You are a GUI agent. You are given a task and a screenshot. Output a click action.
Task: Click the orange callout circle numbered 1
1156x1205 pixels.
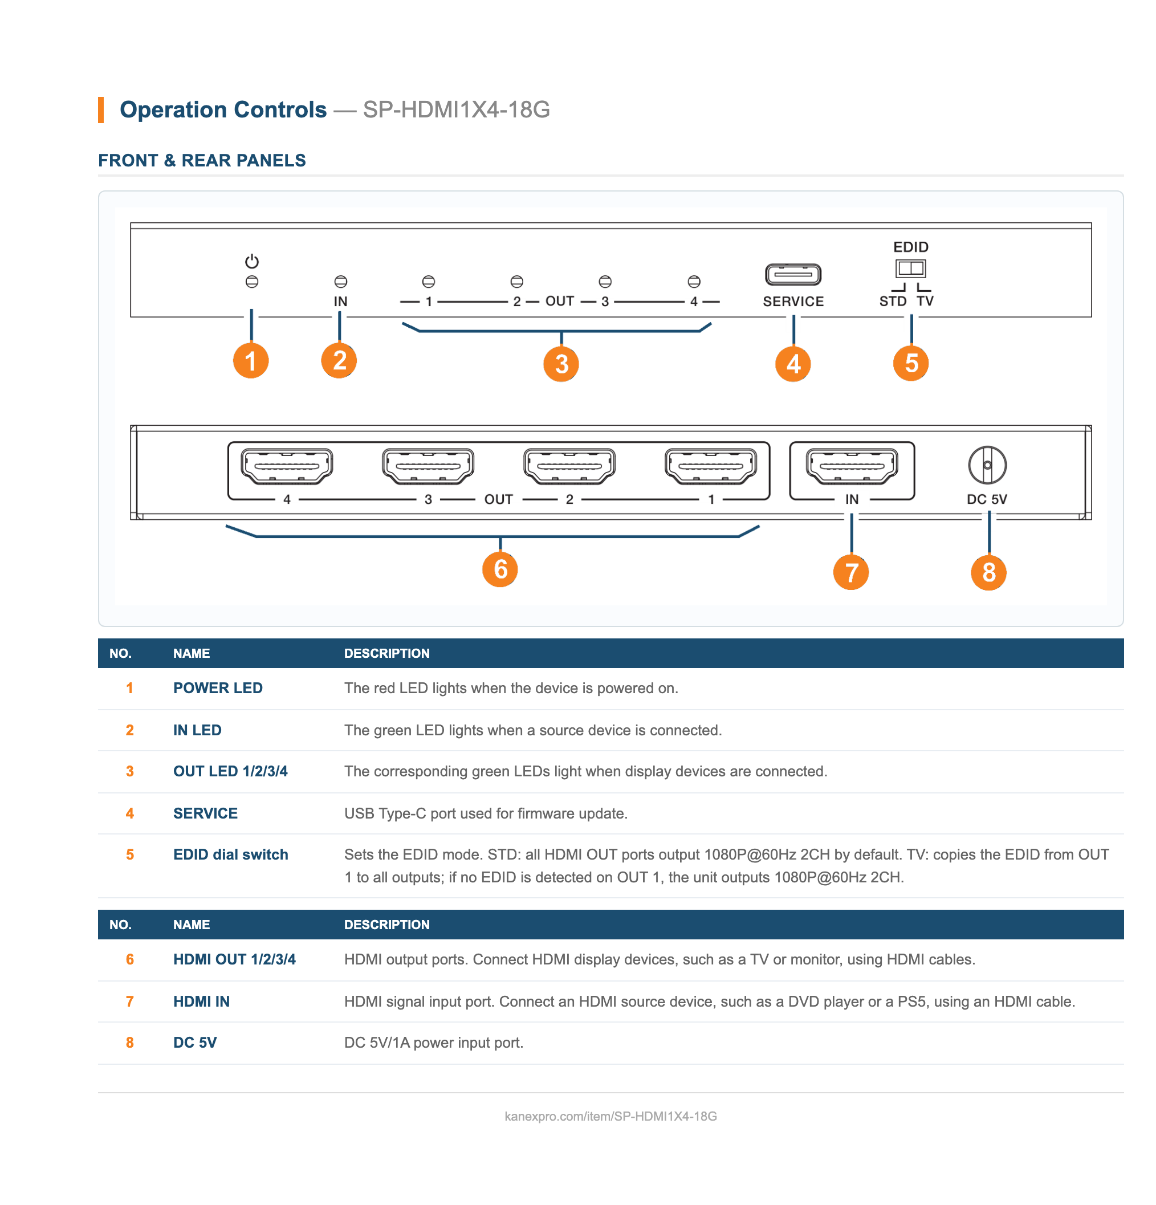coord(251,360)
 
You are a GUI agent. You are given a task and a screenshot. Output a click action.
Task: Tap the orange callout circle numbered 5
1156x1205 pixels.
coord(911,363)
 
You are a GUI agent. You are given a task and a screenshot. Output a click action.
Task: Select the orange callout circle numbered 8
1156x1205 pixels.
coord(988,572)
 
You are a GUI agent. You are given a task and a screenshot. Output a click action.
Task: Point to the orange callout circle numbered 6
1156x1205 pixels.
coord(499,569)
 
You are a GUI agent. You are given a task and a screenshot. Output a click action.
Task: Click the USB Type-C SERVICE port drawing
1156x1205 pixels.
coord(792,274)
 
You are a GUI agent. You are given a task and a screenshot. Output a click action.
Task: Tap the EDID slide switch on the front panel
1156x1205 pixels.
coord(910,268)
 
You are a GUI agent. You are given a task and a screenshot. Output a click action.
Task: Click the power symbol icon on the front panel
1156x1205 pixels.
coord(251,261)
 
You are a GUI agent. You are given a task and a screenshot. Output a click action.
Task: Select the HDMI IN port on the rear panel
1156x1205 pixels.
coord(852,465)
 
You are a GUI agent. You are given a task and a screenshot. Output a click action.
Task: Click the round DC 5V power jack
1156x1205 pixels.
coord(987,465)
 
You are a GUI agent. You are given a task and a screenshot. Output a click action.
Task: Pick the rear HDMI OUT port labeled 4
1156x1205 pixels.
coord(287,465)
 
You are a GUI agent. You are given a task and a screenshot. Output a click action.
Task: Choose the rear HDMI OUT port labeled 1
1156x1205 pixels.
coord(710,465)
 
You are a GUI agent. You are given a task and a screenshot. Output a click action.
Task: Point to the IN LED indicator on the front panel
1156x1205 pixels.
coord(340,282)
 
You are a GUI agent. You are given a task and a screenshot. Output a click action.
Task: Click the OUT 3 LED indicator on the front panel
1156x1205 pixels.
coord(604,282)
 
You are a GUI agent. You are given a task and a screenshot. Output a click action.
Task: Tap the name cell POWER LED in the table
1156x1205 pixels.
coord(218,688)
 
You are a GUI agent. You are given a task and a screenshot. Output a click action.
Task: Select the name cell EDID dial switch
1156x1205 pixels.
coord(231,854)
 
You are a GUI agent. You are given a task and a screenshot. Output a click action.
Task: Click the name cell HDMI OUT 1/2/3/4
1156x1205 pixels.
coord(234,959)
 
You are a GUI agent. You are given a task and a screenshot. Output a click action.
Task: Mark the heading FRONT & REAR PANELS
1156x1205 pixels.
coord(202,161)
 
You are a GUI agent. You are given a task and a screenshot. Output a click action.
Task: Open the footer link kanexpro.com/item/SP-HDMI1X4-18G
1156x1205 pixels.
coord(610,1116)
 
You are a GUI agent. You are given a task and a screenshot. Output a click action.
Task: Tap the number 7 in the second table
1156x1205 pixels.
coord(130,1002)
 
